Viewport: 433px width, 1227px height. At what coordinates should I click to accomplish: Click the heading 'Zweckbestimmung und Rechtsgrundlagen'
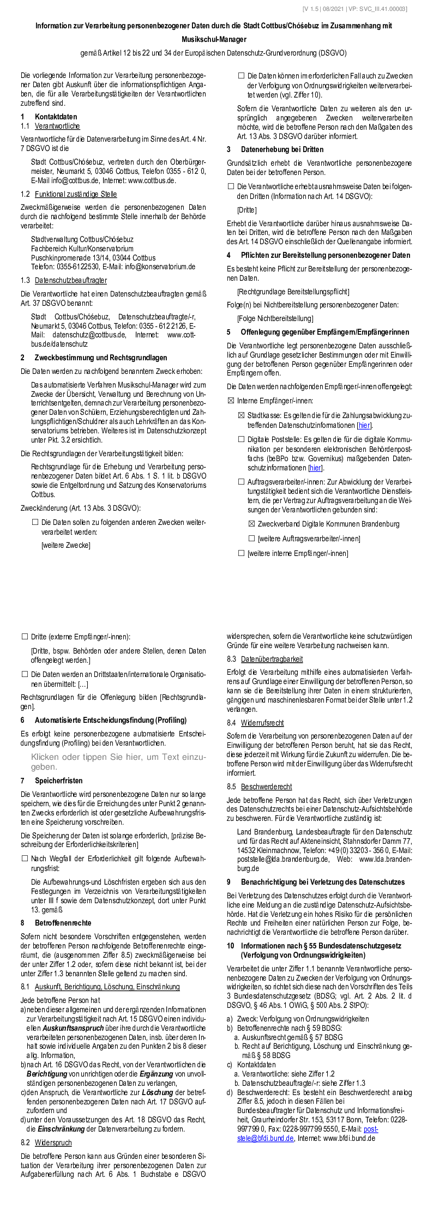[x=101, y=358]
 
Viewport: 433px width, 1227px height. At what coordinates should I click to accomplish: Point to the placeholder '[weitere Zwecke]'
[x=66, y=545]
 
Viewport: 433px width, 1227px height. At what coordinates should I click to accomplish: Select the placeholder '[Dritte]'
[x=246, y=210]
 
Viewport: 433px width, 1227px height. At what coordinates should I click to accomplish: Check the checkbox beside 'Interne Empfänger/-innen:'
[x=231, y=401]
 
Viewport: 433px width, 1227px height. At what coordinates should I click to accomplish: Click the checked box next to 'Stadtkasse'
[x=241, y=415]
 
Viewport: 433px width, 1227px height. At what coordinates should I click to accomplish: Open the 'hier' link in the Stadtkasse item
[x=364, y=425]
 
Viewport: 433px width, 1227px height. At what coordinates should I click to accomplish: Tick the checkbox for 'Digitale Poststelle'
[x=241, y=439]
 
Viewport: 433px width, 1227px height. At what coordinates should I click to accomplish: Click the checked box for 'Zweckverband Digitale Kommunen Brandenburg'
[x=251, y=524]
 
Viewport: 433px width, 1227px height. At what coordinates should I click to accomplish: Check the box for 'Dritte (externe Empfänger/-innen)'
[x=25, y=636]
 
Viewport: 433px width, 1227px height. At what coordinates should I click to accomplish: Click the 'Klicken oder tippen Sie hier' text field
[x=118, y=761]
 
